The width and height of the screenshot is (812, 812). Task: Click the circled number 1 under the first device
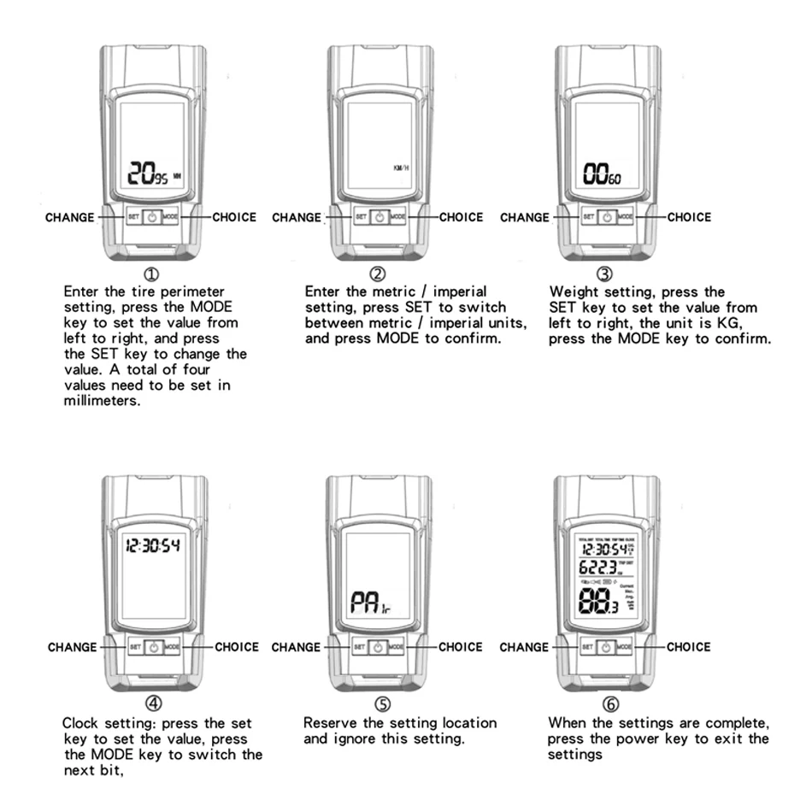(x=151, y=275)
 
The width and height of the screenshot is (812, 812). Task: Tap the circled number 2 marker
(x=378, y=275)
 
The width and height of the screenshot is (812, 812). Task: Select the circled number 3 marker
(x=605, y=275)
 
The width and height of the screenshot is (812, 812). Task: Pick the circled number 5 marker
(x=382, y=705)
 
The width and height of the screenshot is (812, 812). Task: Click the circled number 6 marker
(x=609, y=705)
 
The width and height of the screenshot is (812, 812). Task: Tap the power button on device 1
(x=151, y=217)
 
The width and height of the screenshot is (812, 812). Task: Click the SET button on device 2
(x=361, y=217)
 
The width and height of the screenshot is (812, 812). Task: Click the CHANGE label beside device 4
(x=72, y=647)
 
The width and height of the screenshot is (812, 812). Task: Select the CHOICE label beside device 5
(x=462, y=647)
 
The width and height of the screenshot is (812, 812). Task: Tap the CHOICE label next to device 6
(x=689, y=647)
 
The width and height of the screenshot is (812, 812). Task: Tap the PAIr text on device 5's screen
(x=370, y=605)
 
